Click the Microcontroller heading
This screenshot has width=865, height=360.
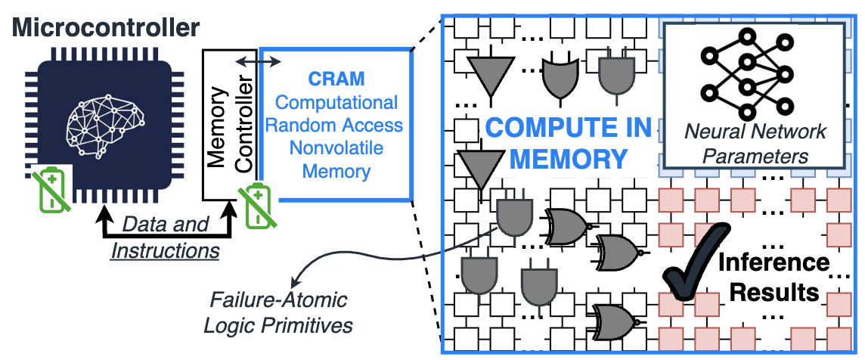[x=107, y=28]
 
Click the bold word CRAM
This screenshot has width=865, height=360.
[x=336, y=79]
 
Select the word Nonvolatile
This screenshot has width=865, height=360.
[x=336, y=148]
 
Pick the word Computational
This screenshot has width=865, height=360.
[x=336, y=102]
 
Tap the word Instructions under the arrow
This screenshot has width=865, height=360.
[x=166, y=250]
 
